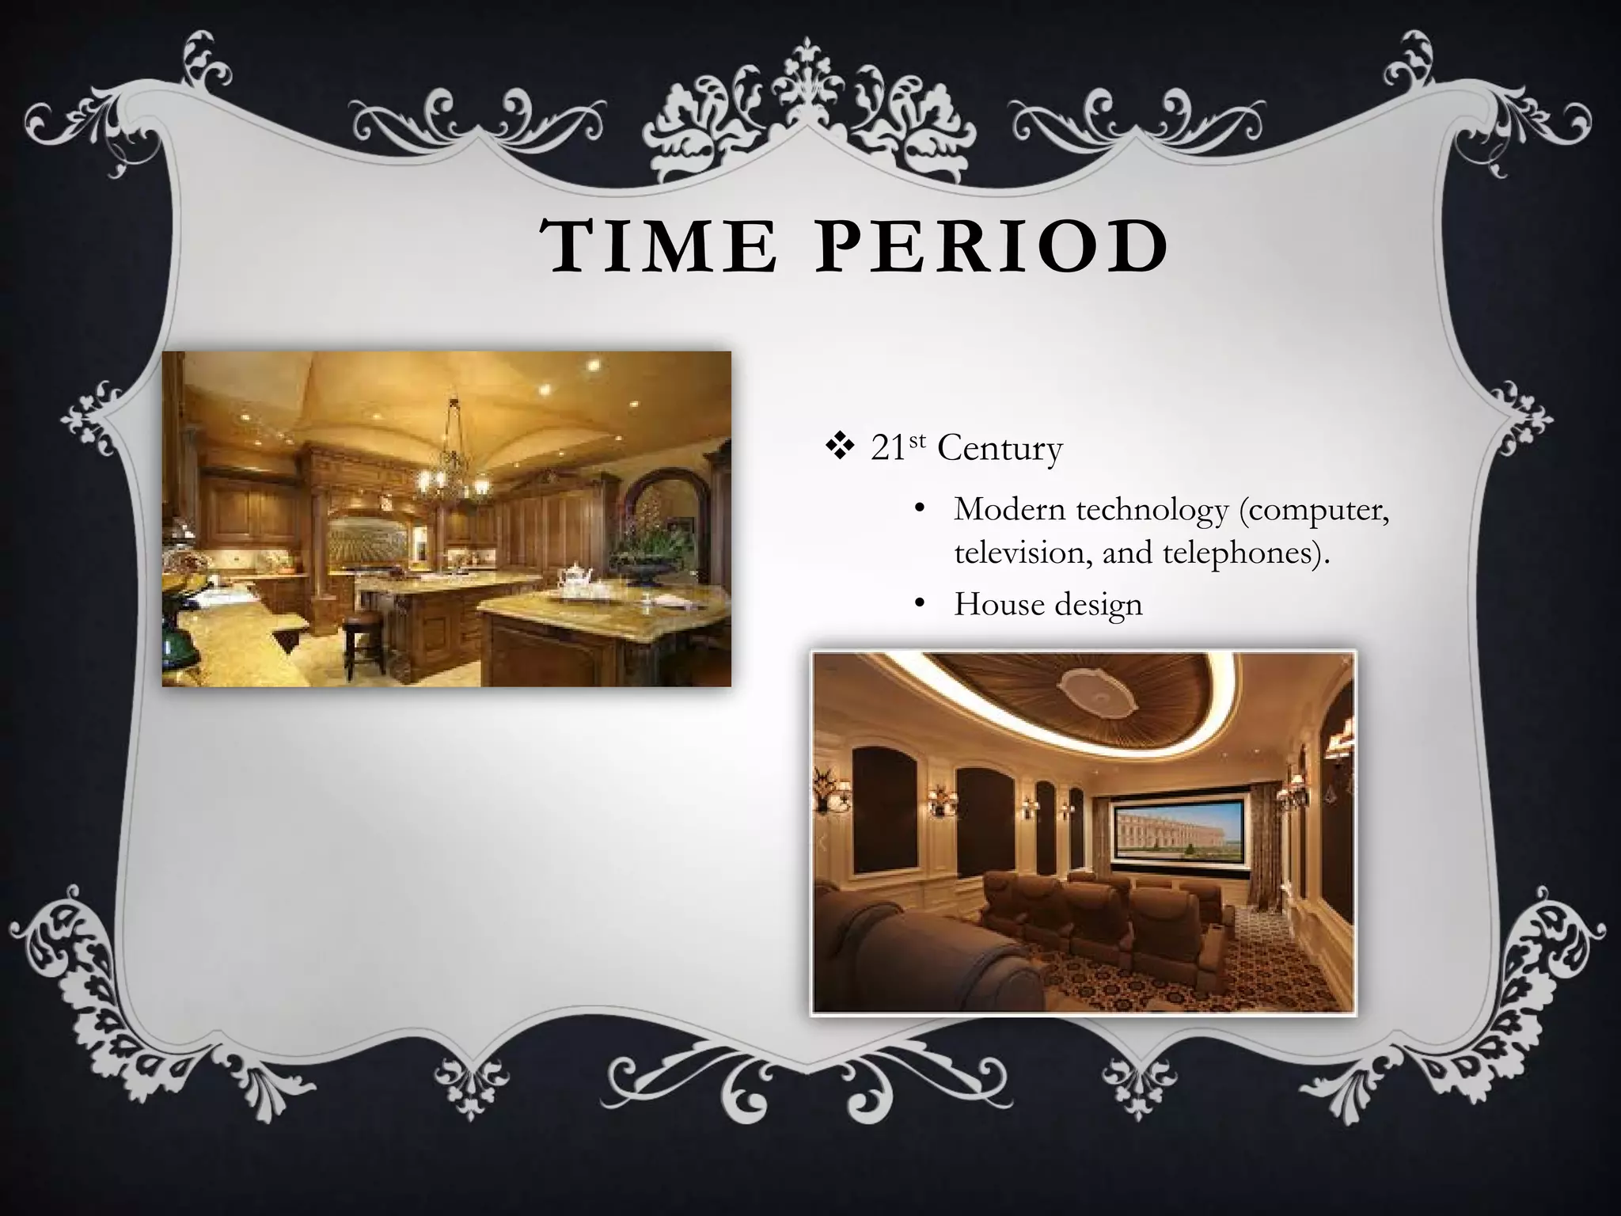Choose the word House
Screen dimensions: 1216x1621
[x=1000, y=605]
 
